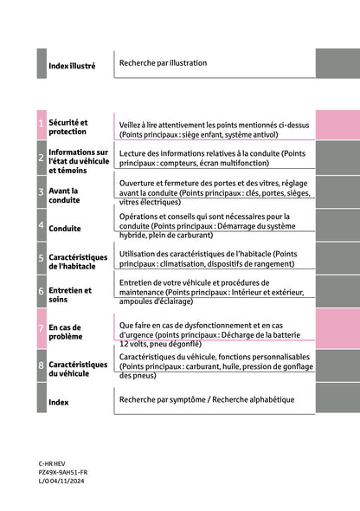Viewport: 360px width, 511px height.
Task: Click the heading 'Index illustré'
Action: coord(73,66)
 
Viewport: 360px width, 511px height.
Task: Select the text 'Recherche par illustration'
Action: coord(164,63)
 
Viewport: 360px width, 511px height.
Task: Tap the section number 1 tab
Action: coord(42,127)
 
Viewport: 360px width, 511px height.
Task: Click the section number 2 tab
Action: coord(42,158)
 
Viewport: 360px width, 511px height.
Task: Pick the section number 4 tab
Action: coord(42,225)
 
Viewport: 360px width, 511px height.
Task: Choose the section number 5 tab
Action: coord(42,259)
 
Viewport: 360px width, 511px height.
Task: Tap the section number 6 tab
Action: coord(42,293)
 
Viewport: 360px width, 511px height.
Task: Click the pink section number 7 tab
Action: coord(42,330)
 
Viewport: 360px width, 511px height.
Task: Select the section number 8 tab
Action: coord(42,367)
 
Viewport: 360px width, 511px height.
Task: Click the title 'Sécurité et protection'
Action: coord(68,127)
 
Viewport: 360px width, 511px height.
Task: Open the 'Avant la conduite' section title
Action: coord(65,195)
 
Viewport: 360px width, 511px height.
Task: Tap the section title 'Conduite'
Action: coord(65,230)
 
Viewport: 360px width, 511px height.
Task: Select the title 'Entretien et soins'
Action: coord(70,295)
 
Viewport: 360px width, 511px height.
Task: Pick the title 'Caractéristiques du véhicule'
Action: coord(78,370)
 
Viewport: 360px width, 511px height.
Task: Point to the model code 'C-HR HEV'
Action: coord(52,464)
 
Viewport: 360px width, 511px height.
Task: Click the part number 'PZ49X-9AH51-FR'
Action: coord(62,473)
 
